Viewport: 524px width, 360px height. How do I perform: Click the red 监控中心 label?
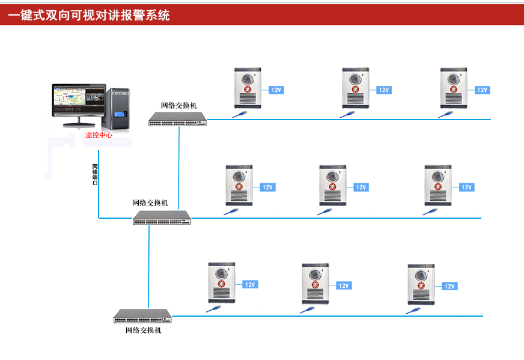coord(99,136)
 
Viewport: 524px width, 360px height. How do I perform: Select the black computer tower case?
coord(120,109)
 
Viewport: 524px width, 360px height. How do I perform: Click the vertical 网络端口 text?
coord(95,174)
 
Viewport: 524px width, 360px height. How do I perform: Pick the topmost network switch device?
coord(177,120)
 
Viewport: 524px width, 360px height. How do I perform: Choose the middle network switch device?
coord(162,218)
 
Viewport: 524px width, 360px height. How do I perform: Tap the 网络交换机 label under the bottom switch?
coord(143,330)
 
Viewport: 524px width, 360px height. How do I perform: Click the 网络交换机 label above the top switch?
coord(178,106)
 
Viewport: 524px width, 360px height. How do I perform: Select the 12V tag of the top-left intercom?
coord(276,90)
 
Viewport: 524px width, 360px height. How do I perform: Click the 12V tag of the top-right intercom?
coord(481,90)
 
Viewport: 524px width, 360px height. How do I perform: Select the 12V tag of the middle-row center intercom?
coord(361,188)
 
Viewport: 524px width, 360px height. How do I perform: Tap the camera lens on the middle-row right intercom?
coord(437,176)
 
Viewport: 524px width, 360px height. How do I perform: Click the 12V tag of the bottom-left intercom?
coord(250,285)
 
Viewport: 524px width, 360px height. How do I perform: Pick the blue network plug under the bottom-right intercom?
coord(413,310)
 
